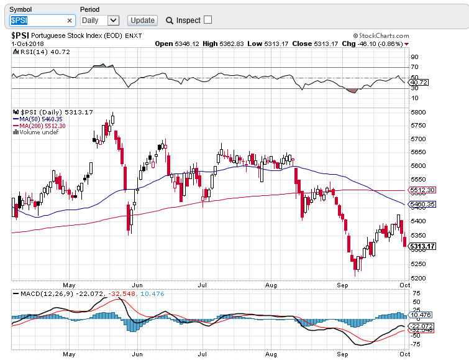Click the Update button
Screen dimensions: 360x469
click(x=142, y=21)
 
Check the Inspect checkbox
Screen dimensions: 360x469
click(x=208, y=20)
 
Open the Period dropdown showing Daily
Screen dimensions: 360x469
click(x=99, y=21)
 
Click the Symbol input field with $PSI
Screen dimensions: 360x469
click(x=37, y=21)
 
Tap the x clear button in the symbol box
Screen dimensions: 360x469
click(x=70, y=21)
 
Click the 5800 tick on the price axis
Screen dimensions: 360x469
click(x=417, y=113)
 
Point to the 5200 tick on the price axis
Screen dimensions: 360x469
click(x=417, y=278)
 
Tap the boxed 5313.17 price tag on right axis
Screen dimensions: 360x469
click(x=422, y=246)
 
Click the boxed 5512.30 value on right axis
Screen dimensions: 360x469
click(x=422, y=190)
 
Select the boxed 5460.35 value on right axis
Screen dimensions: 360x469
click(x=422, y=204)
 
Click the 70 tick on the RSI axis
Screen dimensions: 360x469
click(x=414, y=67)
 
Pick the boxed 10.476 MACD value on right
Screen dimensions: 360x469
click(x=421, y=315)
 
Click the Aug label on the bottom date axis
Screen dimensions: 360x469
click(x=271, y=354)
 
